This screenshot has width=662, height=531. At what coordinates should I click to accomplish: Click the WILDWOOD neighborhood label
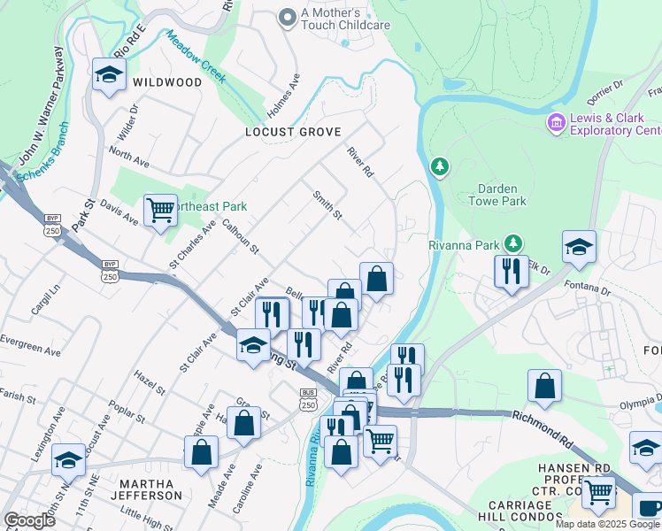pos(167,82)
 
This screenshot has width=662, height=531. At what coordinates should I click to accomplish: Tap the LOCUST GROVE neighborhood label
pos(293,132)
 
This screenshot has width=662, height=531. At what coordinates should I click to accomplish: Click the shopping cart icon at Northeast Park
pos(160,211)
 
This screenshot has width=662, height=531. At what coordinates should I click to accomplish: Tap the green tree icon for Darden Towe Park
pos(439,165)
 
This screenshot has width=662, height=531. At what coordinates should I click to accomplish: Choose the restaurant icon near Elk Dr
pos(512,271)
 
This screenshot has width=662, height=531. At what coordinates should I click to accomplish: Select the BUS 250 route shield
pos(307,399)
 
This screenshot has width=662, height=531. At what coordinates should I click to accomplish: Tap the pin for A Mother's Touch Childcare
pos(287,17)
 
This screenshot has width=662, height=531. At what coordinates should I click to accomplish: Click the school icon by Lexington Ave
pos(68,459)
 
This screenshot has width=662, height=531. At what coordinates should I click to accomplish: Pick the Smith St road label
pos(327,206)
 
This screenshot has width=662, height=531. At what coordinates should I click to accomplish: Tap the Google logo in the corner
pos(29,519)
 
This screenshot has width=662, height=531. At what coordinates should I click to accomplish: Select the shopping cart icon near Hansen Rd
pos(599,491)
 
